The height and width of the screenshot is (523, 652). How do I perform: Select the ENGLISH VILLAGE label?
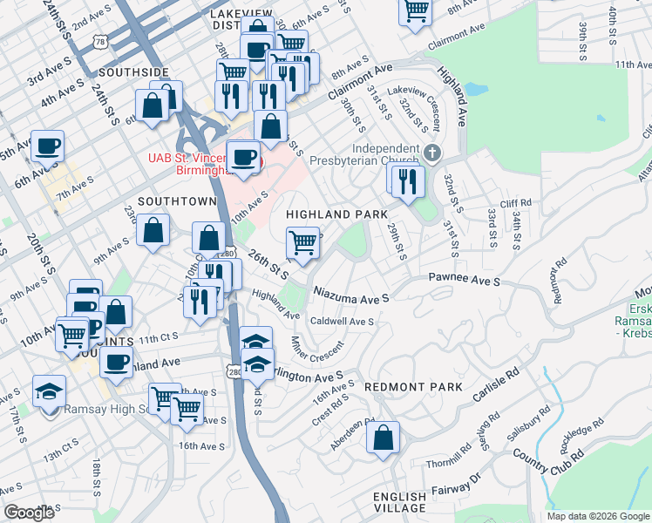tap(400, 502)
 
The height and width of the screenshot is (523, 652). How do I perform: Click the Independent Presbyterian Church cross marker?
tap(432, 153)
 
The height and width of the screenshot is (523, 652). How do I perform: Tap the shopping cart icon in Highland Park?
tap(302, 241)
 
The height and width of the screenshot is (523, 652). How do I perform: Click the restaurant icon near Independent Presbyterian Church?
tap(407, 180)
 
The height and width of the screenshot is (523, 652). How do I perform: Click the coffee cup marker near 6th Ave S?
tap(47, 146)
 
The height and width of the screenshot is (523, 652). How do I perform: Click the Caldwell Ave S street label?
tap(343, 321)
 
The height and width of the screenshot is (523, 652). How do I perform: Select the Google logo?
tap(30, 513)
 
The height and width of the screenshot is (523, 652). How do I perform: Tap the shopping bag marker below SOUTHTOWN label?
tap(153, 231)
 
